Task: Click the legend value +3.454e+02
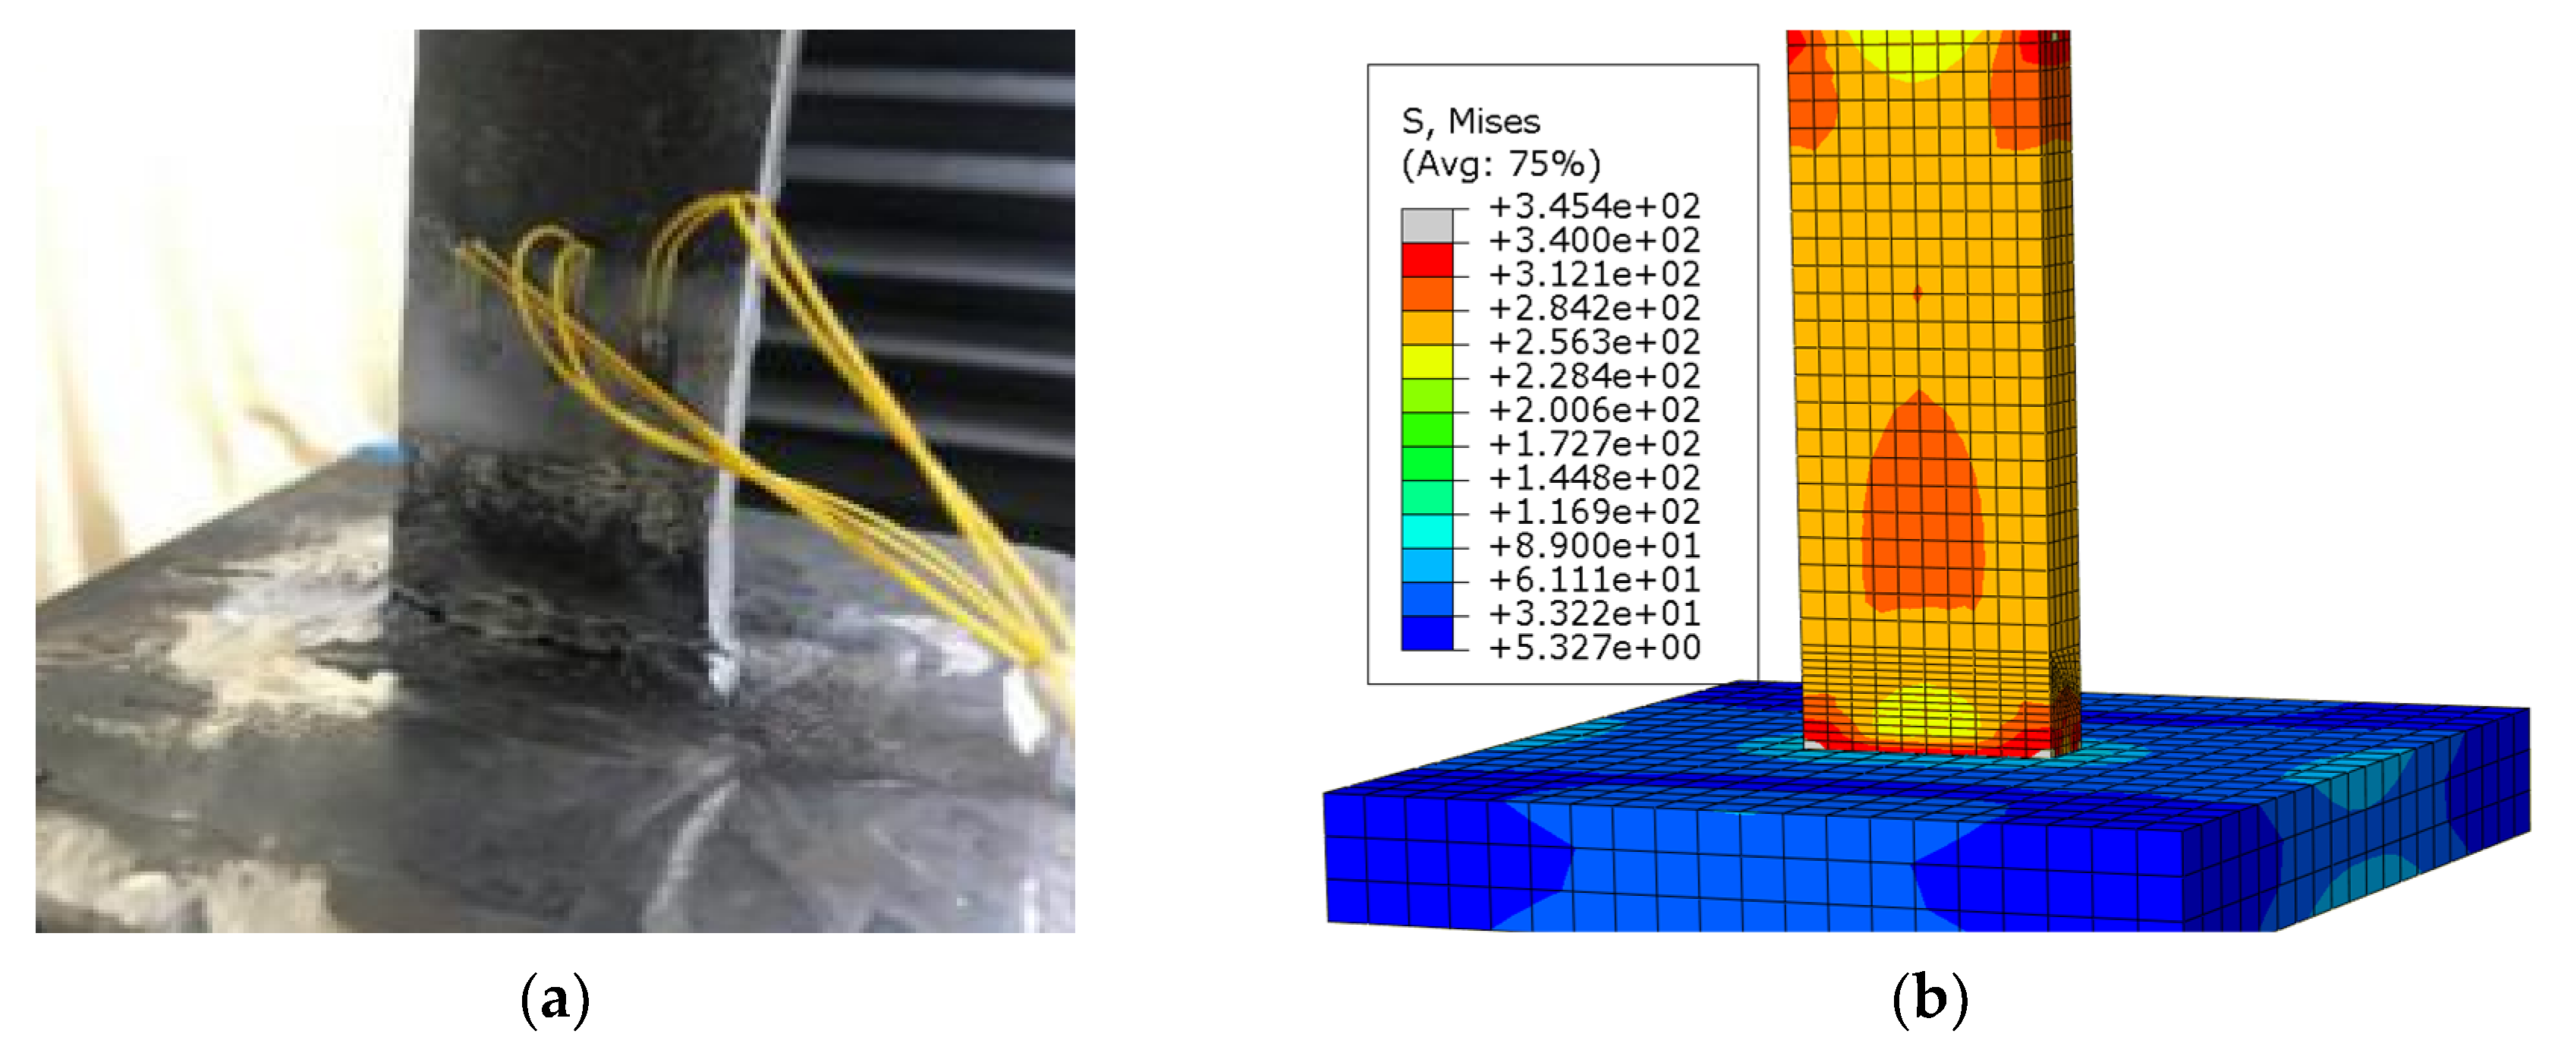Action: click(x=1594, y=206)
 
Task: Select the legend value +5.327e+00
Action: click(x=1594, y=648)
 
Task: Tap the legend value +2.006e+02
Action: click(x=1594, y=410)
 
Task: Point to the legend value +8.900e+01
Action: click(x=1594, y=545)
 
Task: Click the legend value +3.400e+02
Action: click(x=1594, y=240)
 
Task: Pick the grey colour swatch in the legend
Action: click(x=1427, y=225)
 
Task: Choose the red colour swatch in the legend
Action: click(x=1427, y=260)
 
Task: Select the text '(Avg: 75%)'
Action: click(x=1500, y=163)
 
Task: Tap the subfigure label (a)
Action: click(x=555, y=998)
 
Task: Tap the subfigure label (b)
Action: click(x=1929, y=998)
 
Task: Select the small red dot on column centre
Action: click(x=1918, y=292)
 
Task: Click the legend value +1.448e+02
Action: click(x=1594, y=478)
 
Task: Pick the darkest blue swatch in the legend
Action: click(x=1427, y=633)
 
